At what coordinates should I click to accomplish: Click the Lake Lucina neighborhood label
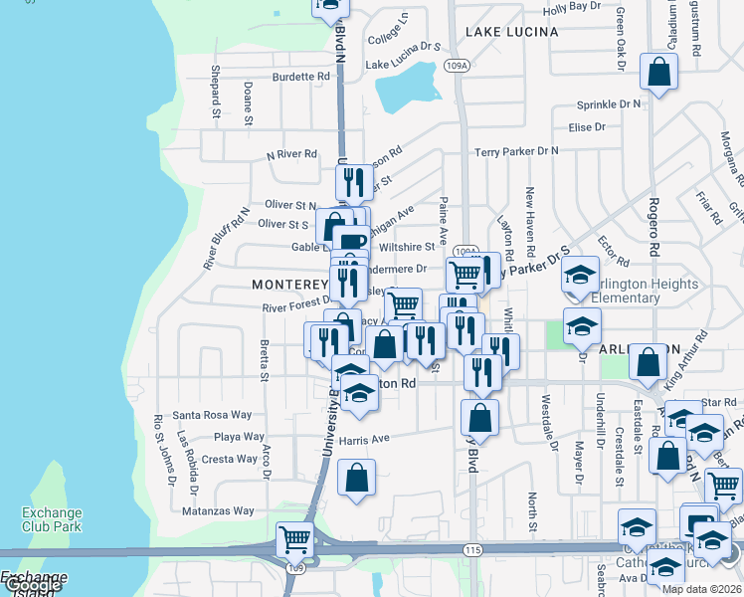click(511, 32)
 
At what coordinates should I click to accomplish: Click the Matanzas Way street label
click(219, 511)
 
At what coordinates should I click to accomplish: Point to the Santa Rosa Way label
click(212, 414)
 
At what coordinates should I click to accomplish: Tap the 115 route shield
click(472, 549)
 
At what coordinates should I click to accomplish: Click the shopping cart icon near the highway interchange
click(294, 540)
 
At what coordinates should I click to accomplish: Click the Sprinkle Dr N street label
click(609, 103)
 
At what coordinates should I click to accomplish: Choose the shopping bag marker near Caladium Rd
click(658, 73)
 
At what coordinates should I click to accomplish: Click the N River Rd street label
click(291, 154)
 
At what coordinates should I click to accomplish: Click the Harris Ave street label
click(363, 438)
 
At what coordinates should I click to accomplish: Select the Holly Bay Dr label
click(573, 6)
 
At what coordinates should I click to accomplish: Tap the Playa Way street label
click(239, 437)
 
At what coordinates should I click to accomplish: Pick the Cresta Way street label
click(230, 459)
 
